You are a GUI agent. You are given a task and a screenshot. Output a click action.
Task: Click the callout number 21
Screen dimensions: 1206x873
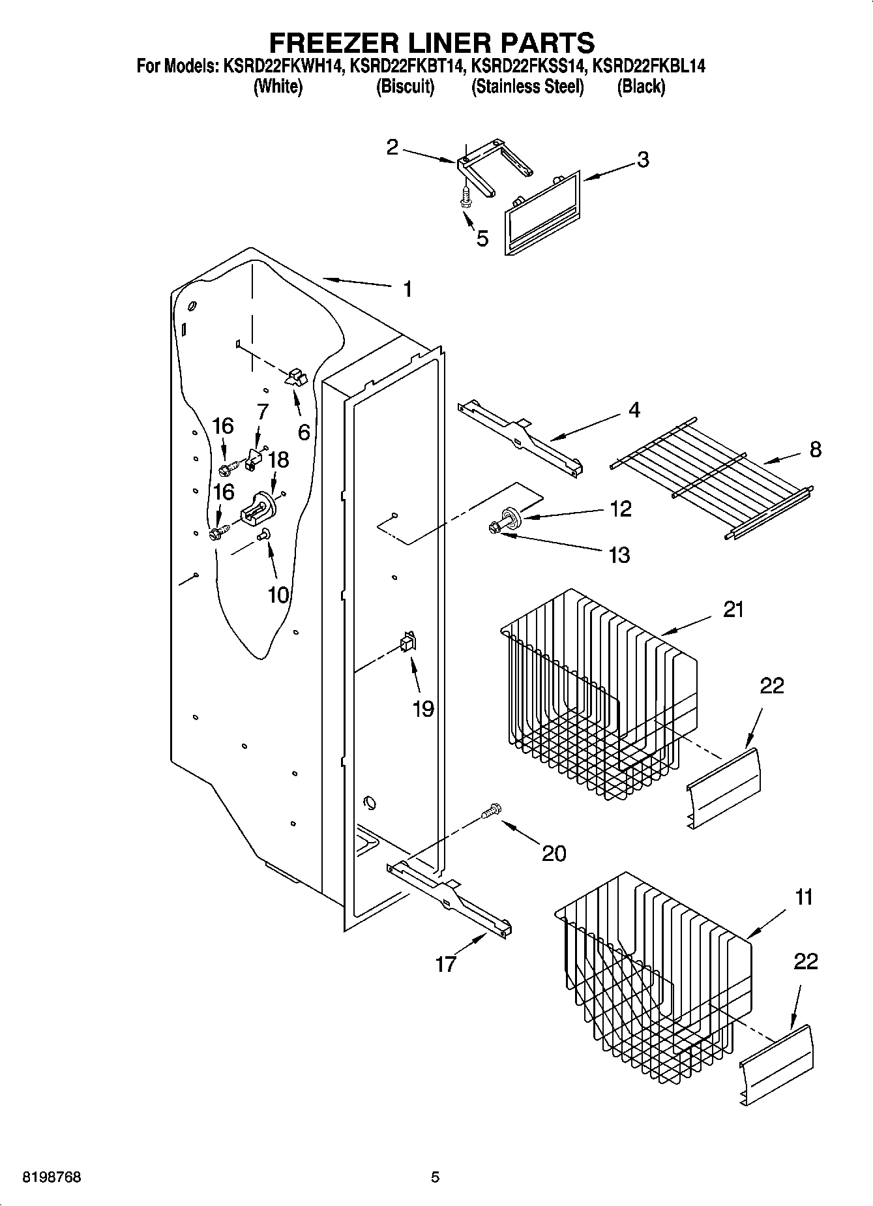[x=733, y=609]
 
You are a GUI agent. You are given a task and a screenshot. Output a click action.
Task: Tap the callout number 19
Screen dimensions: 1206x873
[x=423, y=709]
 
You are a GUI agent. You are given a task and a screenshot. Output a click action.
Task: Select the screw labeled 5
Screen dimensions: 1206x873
[x=466, y=195]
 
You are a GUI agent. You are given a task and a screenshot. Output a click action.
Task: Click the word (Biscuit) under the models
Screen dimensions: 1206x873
[x=405, y=87]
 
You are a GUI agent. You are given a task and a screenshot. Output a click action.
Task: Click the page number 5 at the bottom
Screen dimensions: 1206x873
[x=436, y=1177]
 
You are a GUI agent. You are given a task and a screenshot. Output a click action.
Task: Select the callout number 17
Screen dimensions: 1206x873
[x=445, y=964]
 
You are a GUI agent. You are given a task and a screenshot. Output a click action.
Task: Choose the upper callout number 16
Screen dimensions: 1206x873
[x=222, y=426]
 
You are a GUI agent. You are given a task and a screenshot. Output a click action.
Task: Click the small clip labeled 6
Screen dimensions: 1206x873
[x=295, y=378]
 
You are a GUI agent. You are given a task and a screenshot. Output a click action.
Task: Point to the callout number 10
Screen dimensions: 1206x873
[x=278, y=594]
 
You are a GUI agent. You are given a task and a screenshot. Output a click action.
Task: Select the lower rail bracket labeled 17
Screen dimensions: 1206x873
[x=450, y=899]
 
